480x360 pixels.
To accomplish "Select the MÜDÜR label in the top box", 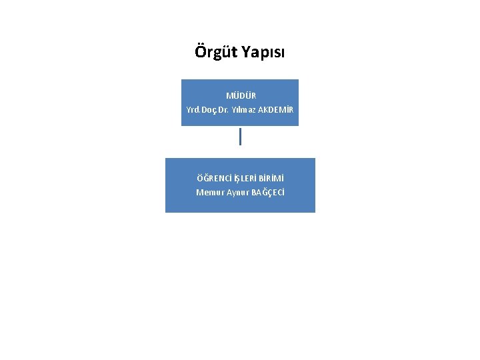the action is (x=241, y=96).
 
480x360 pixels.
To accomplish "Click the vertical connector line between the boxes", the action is (x=240, y=137).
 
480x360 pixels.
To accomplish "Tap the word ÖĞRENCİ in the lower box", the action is (x=211, y=178).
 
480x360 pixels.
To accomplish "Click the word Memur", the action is (x=209, y=192).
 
